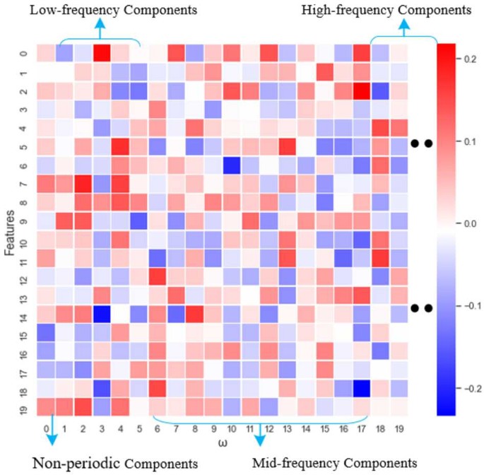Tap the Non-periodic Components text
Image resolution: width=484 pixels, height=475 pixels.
click(115, 463)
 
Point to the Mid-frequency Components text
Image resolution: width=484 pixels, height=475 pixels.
click(335, 463)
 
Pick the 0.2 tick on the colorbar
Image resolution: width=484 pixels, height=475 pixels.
click(471, 60)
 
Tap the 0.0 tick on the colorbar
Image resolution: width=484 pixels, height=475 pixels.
click(471, 223)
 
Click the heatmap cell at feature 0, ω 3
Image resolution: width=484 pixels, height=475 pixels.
click(100, 53)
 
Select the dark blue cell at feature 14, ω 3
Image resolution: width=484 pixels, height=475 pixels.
click(100, 311)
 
